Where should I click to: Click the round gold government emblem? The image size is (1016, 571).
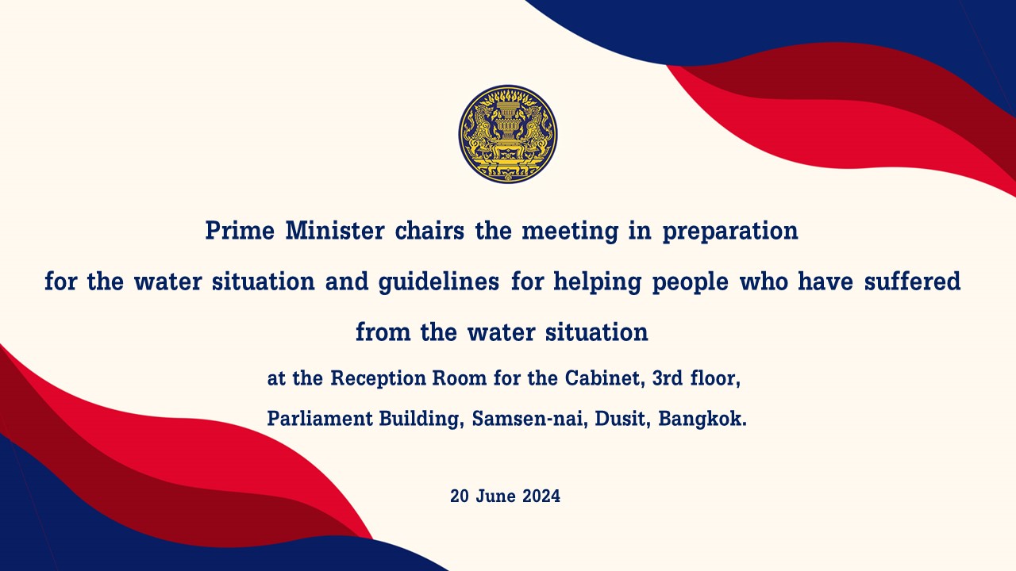[507, 134]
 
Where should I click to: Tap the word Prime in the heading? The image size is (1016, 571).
[240, 230]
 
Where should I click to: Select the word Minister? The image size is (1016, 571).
[335, 230]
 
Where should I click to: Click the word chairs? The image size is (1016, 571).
[429, 230]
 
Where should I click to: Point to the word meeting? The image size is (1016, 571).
[570, 232]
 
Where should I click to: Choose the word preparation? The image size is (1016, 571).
[730, 232]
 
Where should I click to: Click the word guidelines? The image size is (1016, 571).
[439, 282]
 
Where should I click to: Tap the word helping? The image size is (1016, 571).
[598, 282]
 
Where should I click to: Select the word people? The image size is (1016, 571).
[691, 282]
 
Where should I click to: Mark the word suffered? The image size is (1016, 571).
[912, 281]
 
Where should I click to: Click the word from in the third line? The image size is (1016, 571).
[383, 331]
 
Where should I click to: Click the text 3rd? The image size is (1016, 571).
[668, 378]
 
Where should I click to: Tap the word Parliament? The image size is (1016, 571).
[320, 418]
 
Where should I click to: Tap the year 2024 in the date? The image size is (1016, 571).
[541, 496]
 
